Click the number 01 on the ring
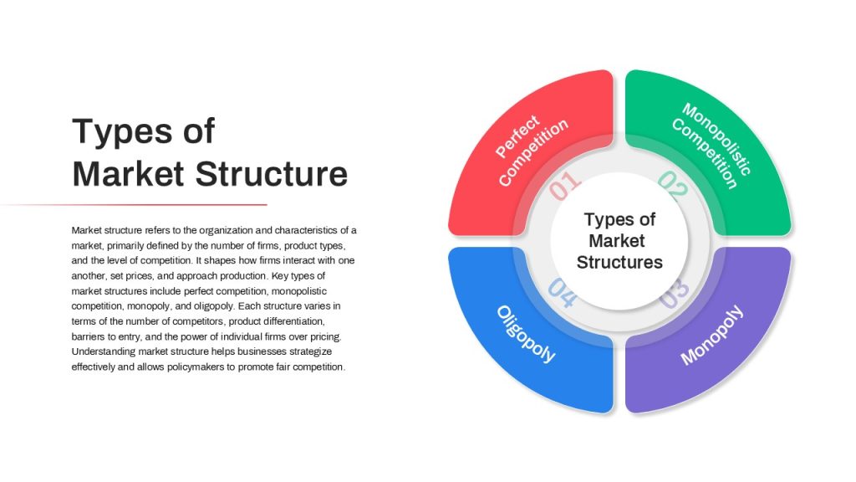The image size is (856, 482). pos(565,185)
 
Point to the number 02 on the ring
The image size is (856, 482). pos(674,185)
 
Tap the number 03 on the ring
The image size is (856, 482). pos(674,293)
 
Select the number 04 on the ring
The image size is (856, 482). pos(563,293)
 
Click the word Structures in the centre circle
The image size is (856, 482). pos(619,262)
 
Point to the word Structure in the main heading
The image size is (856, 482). pos(272,174)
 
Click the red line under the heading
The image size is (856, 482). pos(134,205)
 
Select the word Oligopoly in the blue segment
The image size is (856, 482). pos(526,334)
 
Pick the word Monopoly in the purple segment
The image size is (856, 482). pos(712,335)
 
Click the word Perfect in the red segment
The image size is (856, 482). pos(517,136)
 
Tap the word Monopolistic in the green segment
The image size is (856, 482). pos(716,139)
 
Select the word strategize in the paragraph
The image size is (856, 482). pos(311,351)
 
